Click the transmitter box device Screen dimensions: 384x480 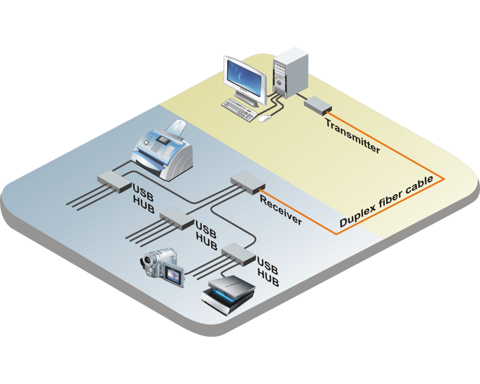click(x=317, y=105)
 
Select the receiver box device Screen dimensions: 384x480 click(x=247, y=183)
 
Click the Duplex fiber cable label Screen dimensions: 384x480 click(x=386, y=202)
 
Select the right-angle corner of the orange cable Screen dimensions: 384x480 click(x=444, y=180)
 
